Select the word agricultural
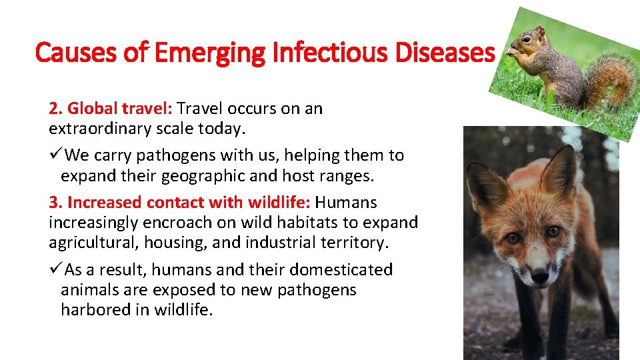93,243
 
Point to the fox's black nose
539,273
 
